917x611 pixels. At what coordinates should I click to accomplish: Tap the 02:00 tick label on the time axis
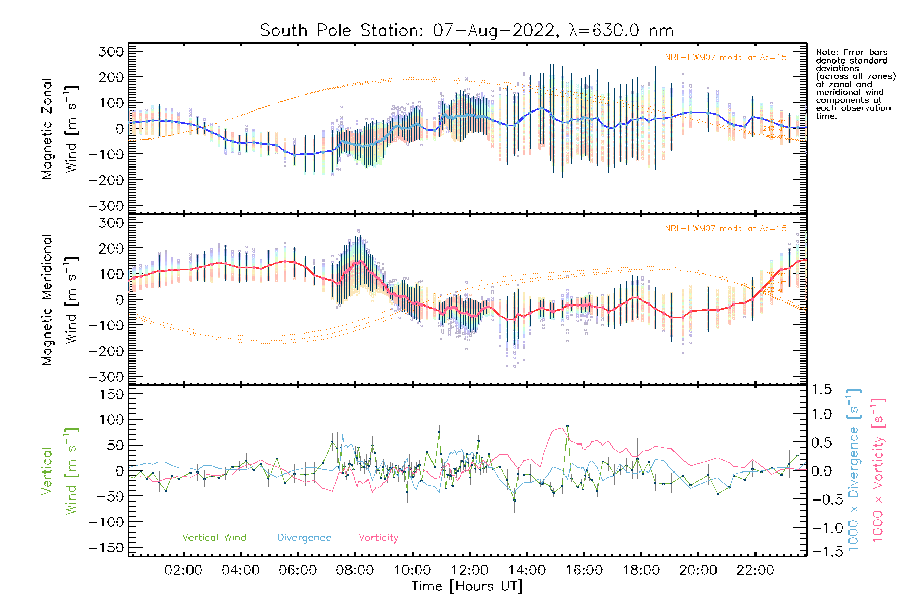pos(183,570)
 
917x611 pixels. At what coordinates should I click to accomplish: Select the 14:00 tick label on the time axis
pos(527,570)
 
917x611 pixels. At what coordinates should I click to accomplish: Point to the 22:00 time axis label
pos(756,570)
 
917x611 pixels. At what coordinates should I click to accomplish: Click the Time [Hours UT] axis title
pos(467,586)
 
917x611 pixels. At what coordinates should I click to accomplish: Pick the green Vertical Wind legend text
pos(214,538)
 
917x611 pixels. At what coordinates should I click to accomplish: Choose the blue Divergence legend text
pos(304,538)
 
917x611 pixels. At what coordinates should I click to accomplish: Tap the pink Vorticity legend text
pos(378,538)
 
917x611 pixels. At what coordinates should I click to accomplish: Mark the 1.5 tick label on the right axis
pos(821,390)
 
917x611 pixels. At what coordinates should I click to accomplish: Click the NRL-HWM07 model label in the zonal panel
pos(725,58)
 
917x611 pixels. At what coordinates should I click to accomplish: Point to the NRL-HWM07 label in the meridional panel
pos(725,229)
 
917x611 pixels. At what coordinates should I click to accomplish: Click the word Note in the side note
pos(826,52)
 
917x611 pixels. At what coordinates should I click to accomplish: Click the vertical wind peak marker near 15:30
pos(567,426)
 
